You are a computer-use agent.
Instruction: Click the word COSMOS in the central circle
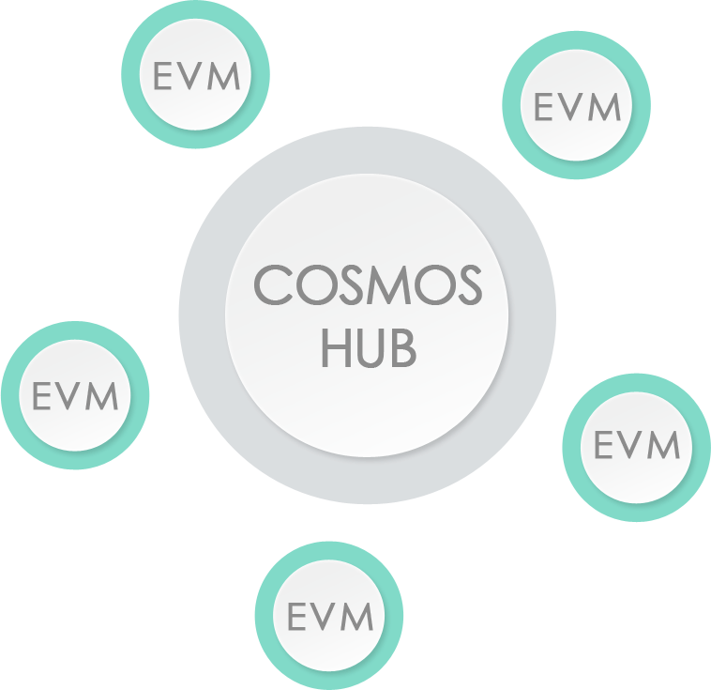[x=368, y=286]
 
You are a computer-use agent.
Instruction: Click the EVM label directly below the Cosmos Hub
[x=329, y=617]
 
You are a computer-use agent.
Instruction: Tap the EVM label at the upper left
[x=196, y=77]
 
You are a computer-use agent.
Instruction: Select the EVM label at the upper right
[x=577, y=107]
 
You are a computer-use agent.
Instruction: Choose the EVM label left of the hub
[x=75, y=396]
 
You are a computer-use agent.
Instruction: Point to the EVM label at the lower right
[x=637, y=444]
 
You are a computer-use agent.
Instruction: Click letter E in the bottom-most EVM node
[x=296, y=617]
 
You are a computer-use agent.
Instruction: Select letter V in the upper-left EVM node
[x=193, y=77]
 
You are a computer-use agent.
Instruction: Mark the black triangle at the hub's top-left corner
[x=229, y=180]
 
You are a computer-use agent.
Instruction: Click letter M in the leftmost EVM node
[x=104, y=396]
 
